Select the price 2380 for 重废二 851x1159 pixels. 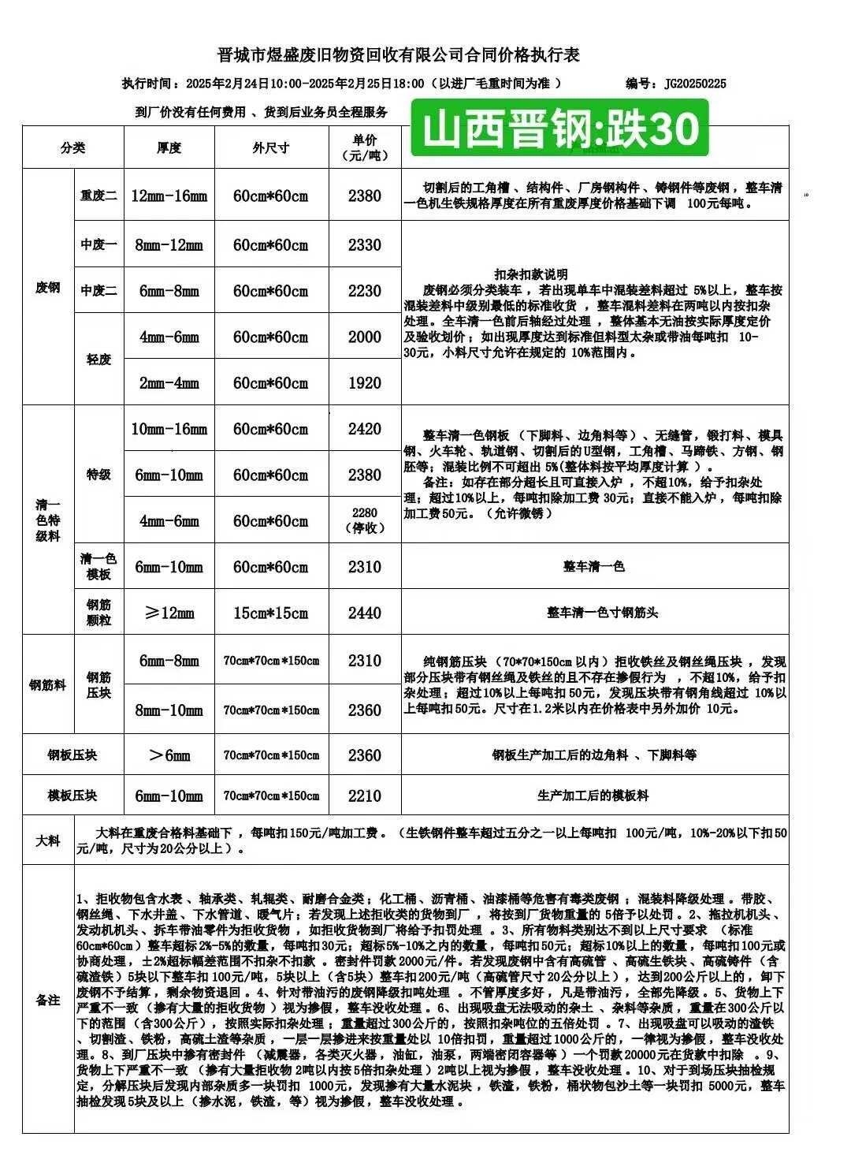364,196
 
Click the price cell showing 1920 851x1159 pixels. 364,383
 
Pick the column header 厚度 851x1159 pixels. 169,147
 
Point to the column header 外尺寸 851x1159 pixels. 270,147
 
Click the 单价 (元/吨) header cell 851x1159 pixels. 364,147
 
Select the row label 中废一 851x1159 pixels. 98,245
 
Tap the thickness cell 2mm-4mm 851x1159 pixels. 169,383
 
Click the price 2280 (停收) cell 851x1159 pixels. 364,520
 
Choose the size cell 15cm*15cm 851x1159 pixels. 270,613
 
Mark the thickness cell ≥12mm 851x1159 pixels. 169,613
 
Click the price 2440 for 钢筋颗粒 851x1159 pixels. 364,613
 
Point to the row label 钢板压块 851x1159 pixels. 72,755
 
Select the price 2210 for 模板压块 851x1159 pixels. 364,796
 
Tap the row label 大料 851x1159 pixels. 48,841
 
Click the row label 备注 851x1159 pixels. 48,1000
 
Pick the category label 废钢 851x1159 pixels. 48,287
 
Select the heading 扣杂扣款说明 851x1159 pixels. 531,274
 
